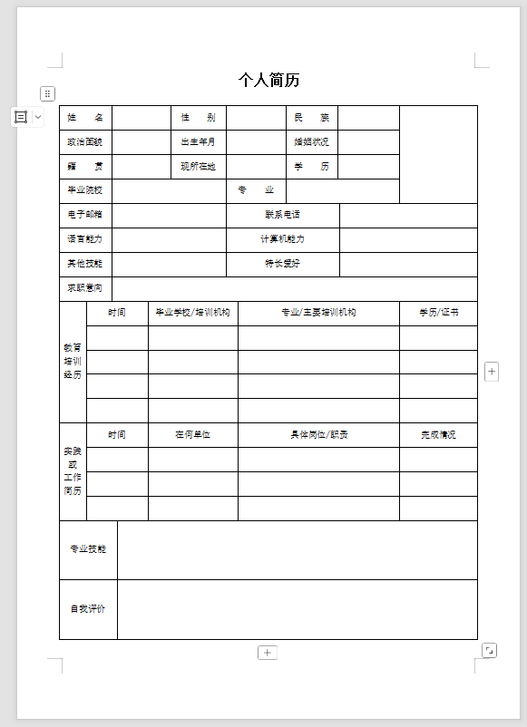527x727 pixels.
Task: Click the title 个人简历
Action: pos(269,81)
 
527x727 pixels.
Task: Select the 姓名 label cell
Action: pos(85,118)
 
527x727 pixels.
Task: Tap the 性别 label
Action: pos(198,118)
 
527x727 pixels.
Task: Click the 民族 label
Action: pos(311,118)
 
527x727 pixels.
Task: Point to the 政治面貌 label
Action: pos(85,142)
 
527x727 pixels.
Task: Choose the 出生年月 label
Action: pos(198,142)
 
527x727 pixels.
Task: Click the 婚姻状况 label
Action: pos(311,142)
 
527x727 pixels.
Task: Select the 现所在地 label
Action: pos(198,167)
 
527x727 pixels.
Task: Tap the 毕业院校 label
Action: pos(85,190)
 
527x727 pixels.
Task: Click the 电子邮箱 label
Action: pos(85,215)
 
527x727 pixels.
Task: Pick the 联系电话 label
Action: pos(282,215)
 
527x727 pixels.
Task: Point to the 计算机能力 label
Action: pos(282,239)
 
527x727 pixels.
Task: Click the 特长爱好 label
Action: pos(282,264)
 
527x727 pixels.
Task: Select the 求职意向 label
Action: pos(85,288)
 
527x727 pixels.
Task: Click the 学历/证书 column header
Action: pos(438,313)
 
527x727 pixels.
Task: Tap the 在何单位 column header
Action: pos(192,435)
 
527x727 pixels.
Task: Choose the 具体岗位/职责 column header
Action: pos(318,435)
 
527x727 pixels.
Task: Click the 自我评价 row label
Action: pos(88,609)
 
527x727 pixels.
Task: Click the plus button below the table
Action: pos(268,653)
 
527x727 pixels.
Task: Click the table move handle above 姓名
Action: pos(48,93)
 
